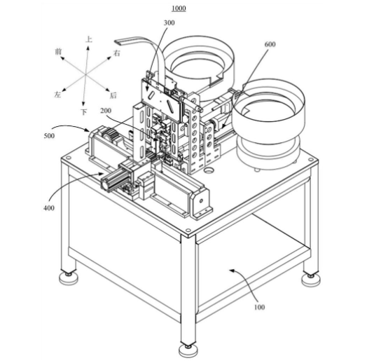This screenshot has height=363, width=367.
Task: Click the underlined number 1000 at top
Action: click(179, 8)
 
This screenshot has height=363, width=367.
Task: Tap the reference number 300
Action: click(169, 22)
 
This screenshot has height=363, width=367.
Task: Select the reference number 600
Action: click(270, 44)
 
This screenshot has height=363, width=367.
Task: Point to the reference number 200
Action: click(106, 111)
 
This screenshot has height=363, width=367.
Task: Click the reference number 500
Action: click(49, 136)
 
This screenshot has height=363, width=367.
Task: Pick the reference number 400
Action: click(49, 207)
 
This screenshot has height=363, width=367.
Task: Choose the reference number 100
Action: click(259, 307)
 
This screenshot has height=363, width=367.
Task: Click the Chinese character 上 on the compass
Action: click(89, 39)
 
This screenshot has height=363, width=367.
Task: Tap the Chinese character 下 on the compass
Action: click(84, 112)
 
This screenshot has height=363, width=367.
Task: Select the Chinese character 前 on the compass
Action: click(58, 51)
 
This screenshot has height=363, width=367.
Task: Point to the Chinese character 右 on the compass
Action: click(117, 53)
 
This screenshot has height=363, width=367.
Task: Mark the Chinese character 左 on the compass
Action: click(57, 95)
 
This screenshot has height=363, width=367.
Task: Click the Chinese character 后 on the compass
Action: click(113, 95)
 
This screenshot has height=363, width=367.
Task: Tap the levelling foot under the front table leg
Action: click(188, 350)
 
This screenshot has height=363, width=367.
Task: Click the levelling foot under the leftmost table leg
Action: click(68, 278)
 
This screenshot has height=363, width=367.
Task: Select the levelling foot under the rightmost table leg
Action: click(310, 280)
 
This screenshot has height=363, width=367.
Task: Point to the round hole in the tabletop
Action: click(209, 170)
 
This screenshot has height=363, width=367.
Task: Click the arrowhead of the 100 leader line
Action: click(231, 270)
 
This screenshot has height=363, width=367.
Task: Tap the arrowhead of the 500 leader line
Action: click(88, 130)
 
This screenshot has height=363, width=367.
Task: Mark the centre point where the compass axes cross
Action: click(86, 74)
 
